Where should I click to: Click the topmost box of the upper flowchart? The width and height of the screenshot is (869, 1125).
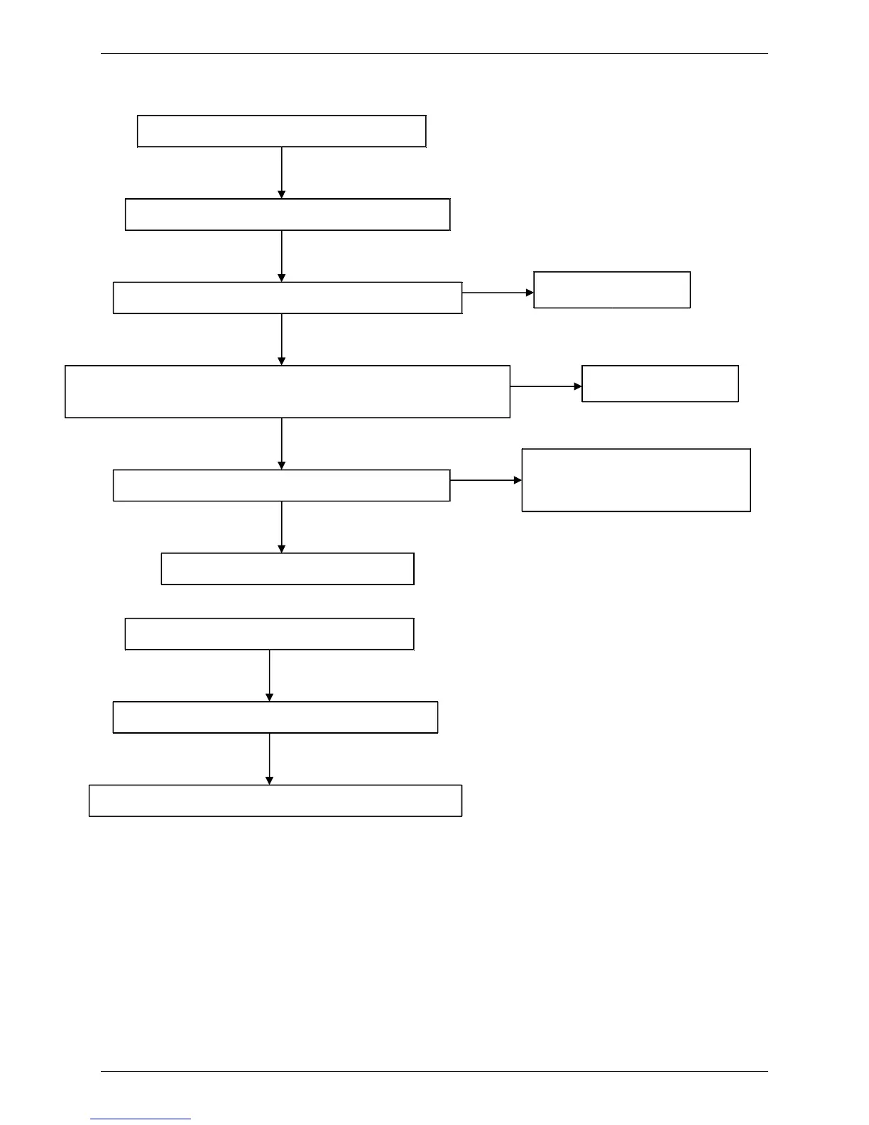point(281,131)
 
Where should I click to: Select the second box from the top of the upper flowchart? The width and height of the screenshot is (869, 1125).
point(288,214)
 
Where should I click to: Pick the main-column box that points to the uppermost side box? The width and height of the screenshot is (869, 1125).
point(288,298)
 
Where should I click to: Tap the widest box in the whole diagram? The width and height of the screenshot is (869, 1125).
point(288,391)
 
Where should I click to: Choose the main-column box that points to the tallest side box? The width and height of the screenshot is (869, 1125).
point(281,485)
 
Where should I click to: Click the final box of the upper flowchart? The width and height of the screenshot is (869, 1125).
point(288,569)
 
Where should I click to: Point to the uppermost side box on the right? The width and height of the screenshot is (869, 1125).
point(611,290)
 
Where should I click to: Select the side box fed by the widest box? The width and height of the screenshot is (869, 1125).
point(660,384)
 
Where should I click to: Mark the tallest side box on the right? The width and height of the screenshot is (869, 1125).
point(635,480)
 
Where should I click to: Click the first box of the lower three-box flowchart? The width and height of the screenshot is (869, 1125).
point(269,634)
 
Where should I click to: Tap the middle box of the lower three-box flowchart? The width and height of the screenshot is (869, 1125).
point(275,717)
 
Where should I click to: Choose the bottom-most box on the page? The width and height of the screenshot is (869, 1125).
point(275,800)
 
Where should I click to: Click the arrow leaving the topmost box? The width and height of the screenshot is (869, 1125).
point(282,173)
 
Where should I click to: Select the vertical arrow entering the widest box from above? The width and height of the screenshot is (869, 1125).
point(282,339)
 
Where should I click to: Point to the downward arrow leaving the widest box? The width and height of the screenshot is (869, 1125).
point(282,443)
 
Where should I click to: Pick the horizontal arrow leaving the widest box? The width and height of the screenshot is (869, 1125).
point(545,387)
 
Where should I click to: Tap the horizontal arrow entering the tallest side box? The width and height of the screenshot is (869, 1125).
point(486,481)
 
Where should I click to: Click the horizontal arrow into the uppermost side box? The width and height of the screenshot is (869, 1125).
point(498,293)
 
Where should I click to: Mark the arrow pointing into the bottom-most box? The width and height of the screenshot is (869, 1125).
point(269,759)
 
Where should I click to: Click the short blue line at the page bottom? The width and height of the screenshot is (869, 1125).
point(141,1119)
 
